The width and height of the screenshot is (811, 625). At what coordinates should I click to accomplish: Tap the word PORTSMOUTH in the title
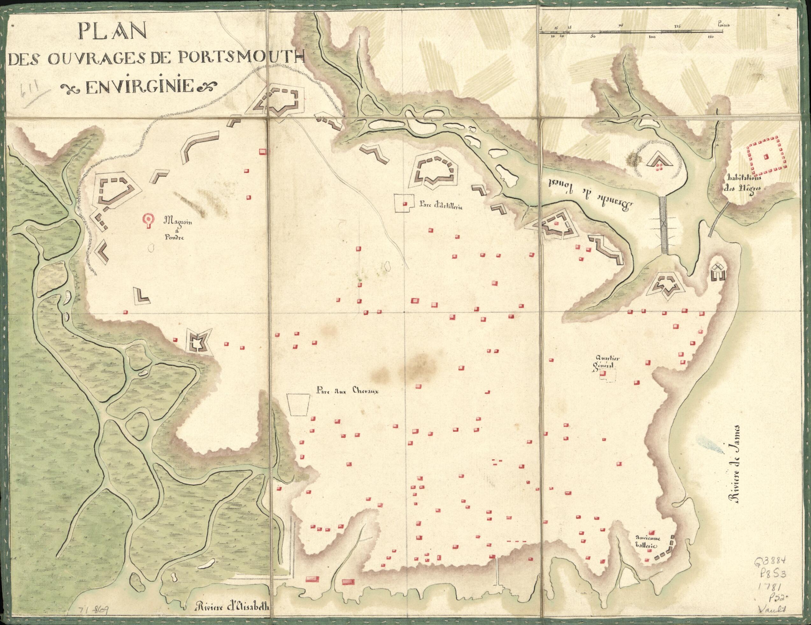click(241, 60)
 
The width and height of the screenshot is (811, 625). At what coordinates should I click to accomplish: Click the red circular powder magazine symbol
click(149, 220)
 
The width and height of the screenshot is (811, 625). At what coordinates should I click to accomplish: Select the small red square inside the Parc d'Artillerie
click(405, 204)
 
